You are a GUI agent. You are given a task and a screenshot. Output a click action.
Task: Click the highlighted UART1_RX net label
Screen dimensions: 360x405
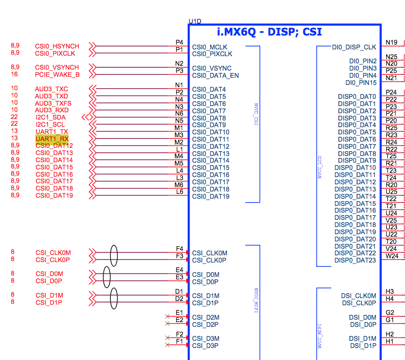52,139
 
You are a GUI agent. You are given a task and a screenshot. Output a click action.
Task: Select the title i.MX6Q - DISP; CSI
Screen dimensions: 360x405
269,33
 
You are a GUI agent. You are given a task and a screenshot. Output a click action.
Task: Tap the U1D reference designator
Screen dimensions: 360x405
195,22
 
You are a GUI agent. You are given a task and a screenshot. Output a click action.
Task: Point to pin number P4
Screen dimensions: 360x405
179,42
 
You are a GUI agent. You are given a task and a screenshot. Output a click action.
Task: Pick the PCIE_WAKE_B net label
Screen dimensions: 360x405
57,74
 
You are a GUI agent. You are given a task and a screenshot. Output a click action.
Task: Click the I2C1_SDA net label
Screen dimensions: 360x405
50,117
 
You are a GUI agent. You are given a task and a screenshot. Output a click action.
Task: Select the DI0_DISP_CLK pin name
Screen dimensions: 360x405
354,47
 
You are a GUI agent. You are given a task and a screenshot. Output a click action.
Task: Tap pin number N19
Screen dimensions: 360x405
392,42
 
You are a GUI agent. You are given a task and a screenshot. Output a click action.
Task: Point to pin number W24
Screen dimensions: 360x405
392,256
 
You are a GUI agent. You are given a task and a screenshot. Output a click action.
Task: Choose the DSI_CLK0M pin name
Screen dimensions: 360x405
359,296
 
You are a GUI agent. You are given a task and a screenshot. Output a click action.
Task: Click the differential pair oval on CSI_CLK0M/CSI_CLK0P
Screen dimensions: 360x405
114,256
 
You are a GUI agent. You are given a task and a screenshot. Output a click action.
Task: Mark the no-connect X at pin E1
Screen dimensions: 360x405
167,316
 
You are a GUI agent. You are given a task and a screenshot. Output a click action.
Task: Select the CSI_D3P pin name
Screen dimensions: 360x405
205,346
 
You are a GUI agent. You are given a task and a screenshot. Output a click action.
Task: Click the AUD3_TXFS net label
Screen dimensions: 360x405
53,103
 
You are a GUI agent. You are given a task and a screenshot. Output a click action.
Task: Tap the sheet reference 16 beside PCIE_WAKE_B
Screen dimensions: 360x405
14,74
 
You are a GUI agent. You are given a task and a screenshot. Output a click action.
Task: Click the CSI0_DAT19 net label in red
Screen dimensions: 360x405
54,195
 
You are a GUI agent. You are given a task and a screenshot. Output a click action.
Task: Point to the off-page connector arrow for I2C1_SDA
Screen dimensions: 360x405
87,117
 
